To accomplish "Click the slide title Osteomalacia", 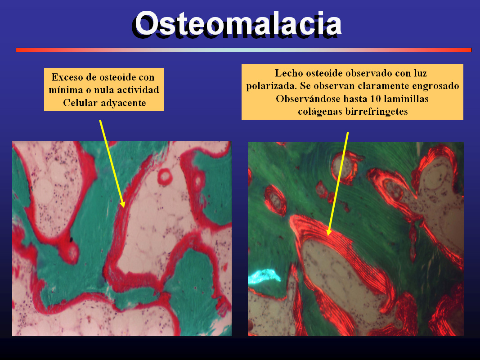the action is tap(238, 23).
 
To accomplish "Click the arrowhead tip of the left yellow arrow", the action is tap(124, 207).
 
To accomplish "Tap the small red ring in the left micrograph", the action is tap(165, 177).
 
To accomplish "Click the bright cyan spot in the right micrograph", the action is tap(264, 275).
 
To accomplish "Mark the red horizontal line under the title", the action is tap(244, 50).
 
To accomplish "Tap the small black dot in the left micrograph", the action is tap(71, 239).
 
